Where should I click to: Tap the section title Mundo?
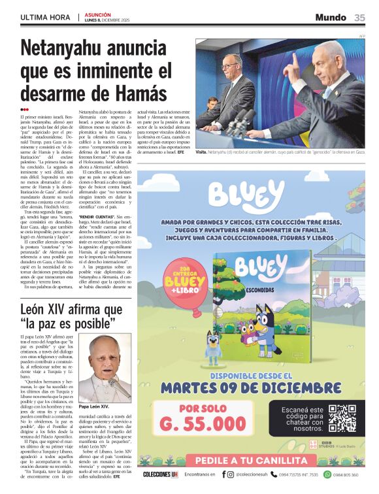[x=330, y=18]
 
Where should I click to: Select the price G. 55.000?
[x=203, y=423]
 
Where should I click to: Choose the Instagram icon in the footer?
[x=231, y=474]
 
